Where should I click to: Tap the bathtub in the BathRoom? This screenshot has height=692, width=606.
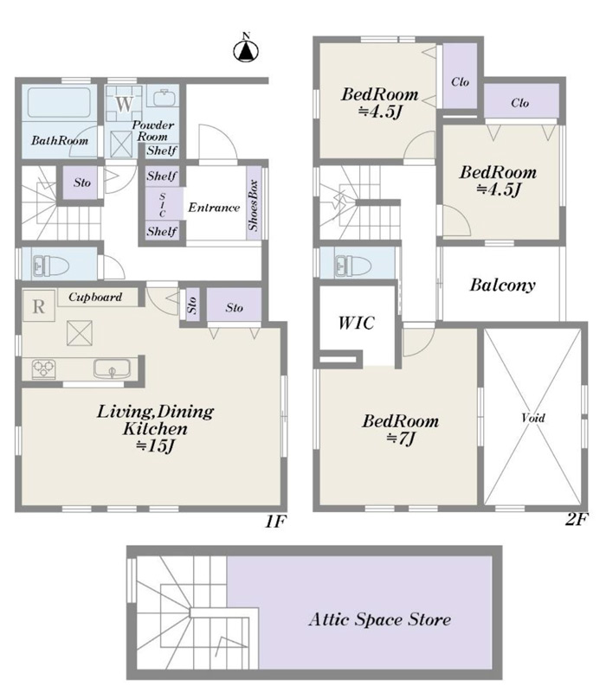[59, 102]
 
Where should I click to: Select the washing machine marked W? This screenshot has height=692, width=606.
[124, 104]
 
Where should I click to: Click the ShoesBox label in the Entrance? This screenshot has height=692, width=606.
[254, 205]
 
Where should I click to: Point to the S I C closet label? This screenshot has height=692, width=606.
[163, 205]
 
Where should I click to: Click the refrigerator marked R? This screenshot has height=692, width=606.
[39, 306]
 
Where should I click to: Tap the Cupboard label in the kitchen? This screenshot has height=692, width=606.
[95, 297]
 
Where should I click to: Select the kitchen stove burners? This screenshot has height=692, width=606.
[44, 369]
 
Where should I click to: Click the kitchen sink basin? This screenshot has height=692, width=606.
[113, 368]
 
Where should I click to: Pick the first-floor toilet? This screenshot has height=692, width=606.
[51, 266]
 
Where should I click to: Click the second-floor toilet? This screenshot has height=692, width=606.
[352, 266]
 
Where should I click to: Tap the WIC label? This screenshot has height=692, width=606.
[357, 323]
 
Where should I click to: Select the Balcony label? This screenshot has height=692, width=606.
[503, 285]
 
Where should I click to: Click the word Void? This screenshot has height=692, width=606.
[533, 418]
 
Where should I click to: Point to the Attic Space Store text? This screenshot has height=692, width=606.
[380, 619]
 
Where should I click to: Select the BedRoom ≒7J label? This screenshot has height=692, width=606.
[401, 429]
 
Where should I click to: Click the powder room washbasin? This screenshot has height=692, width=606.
[163, 98]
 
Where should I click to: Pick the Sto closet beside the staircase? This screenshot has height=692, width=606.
[82, 183]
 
